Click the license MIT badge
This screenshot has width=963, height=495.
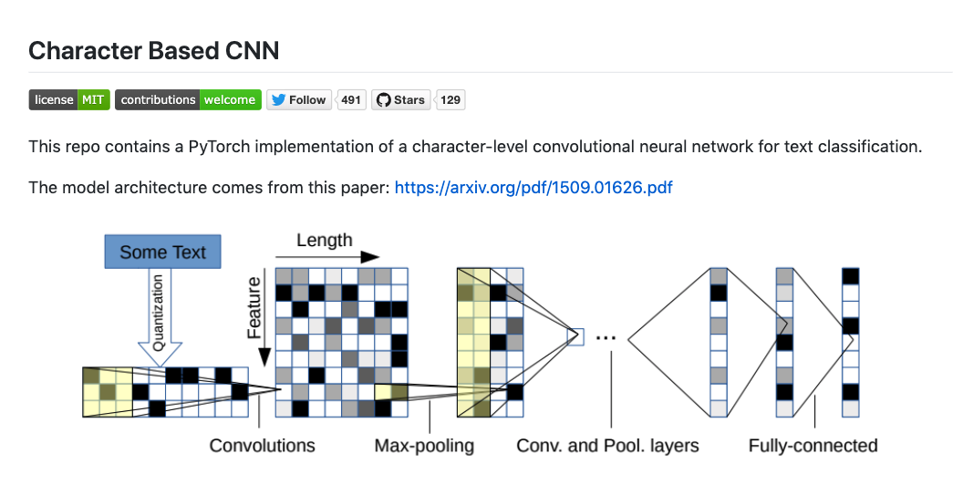[x=69, y=99]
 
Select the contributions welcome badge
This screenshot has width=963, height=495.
[x=188, y=99]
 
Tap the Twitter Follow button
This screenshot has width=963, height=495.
[x=299, y=99]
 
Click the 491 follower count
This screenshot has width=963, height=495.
[x=351, y=99]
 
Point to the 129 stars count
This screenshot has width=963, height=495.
[x=450, y=99]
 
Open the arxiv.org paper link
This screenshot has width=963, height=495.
[x=533, y=188]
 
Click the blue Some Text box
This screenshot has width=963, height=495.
[x=163, y=252]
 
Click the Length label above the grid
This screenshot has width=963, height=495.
[x=324, y=240]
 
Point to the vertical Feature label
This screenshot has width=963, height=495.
[x=254, y=308]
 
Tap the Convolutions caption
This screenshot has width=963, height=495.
[x=262, y=446]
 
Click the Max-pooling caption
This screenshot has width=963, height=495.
[x=424, y=446]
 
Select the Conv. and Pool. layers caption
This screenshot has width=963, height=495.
[x=607, y=446]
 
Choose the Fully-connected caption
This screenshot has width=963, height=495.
[x=813, y=446]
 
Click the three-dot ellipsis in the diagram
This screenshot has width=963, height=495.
[x=606, y=337]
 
